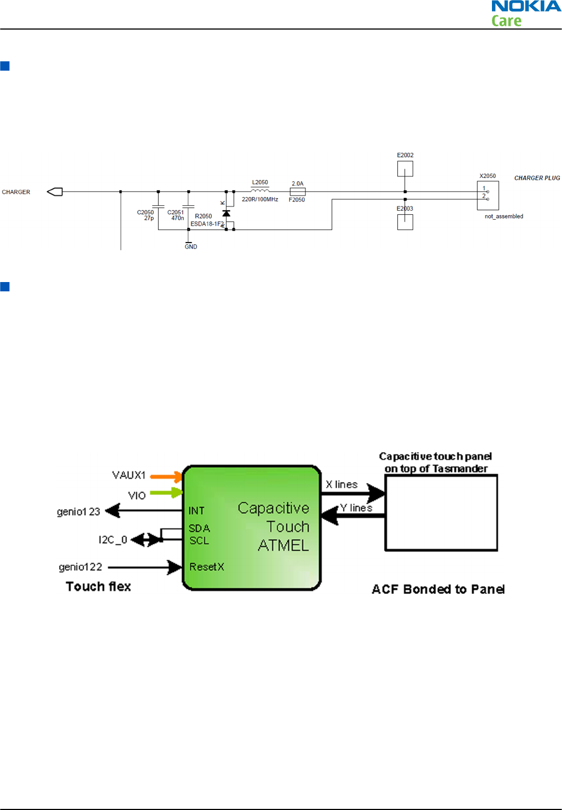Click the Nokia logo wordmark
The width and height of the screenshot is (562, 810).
coord(526,6)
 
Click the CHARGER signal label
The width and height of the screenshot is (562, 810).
coord(16,192)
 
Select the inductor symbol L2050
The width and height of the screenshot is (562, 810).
coord(260,191)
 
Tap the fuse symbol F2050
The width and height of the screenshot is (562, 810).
coord(298,192)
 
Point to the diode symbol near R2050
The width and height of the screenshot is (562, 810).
coord(226,214)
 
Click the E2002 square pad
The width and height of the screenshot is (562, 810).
coord(405,169)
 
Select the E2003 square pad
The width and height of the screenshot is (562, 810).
coord(405,222)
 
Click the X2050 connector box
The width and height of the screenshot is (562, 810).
coord(488,196)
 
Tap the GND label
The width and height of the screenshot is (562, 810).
coord(191,246)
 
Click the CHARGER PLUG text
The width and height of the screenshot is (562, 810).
coord(537,178)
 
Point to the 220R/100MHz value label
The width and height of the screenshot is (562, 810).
coord(260,199)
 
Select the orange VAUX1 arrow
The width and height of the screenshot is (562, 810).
coord(166,477)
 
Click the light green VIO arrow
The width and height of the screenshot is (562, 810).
coord(166,492)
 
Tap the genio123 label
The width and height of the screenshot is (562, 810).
coord(78,512)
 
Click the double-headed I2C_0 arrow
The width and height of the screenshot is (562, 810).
coord(146,540)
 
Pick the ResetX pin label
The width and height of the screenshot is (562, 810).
coord(207,567)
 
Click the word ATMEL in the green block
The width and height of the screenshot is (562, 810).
coord(283,545)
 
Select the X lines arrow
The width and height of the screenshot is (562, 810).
coord(353,493)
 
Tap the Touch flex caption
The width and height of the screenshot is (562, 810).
coord(99,586)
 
